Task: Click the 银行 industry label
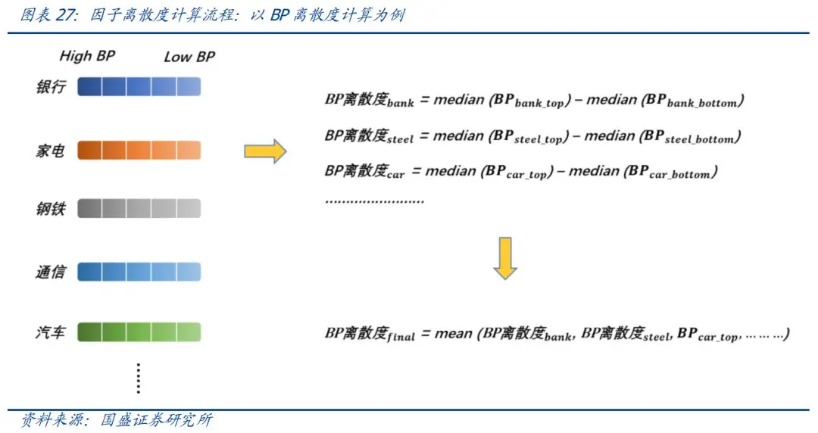(x=51, y=87)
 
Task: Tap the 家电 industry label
(x=51, y=151)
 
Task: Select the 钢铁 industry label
(x=51, y=208)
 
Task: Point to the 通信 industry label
(x=51, y=272)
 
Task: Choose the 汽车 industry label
(x=51, y=332)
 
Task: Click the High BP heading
(x=87, y=56)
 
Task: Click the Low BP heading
(x=189, y=57)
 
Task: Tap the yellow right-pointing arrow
(x=265, y=151)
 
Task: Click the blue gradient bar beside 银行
(x=139, y=87)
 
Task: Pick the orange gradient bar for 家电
(x=139, y=150)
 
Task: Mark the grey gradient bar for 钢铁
(x=139, y=208)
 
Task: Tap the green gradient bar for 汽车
(x=139, y=332)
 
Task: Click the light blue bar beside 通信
(x=139, y=272)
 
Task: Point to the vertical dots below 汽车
(x=139, y=378)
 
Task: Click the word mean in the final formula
(x=454, y=333)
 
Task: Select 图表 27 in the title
(x=47, y=15)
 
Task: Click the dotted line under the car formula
(x=374, y=201)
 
